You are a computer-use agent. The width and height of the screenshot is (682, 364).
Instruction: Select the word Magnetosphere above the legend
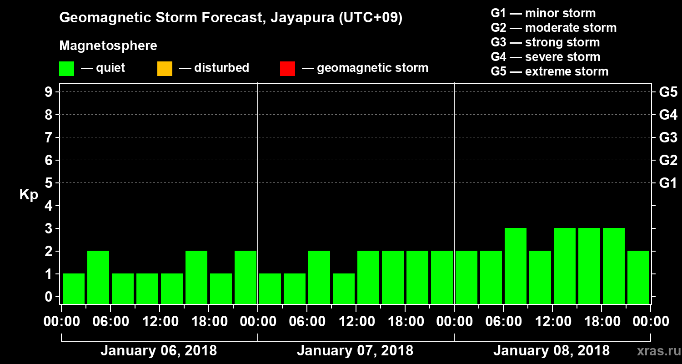tap(108, 46)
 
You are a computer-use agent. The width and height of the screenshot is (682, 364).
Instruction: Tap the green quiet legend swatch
tap(66, 69)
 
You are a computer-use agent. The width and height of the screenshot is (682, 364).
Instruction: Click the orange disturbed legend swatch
tap(165, 69)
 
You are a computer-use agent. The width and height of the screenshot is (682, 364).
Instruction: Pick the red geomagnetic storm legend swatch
tap(287, 69)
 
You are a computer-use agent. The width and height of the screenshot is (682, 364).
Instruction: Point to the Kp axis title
tap(29, 195)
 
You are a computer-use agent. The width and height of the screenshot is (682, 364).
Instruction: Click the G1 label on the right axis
tap(668, 183)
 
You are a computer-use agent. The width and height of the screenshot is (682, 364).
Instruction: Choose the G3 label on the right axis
tap(668, 137)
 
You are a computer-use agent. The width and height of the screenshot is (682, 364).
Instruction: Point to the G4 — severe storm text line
tap(546, 57)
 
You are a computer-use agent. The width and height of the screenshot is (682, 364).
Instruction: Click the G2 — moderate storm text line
tap(554, 28)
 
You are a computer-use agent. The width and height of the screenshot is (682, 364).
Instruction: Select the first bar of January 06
tap(74, 288)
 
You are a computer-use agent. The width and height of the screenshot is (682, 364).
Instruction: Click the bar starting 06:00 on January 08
tap(516, 266)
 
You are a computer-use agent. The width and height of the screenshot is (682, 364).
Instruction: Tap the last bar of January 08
tap(638, 277)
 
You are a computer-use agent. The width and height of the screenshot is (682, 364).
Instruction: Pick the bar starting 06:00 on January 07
tap(319, 277)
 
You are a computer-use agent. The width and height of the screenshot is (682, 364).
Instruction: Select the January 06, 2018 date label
tap(159, 351)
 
